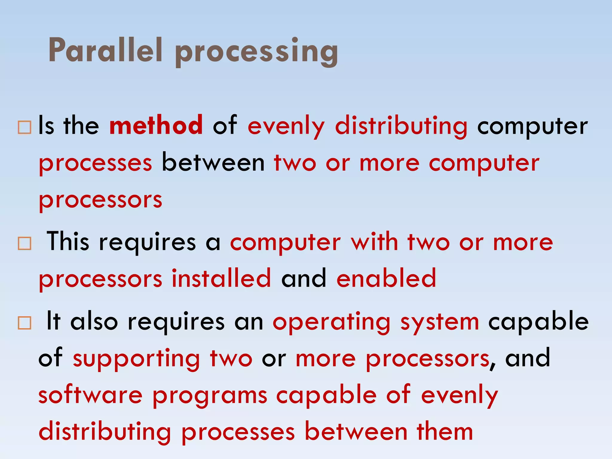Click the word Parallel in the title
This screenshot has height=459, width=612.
coord(105,50)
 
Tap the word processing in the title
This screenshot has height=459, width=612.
coord(256,51)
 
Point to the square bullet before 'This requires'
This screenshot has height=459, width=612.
coord(24,243)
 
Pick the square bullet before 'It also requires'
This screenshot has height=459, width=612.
coord(24,323)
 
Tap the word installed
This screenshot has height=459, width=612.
coord(221,278)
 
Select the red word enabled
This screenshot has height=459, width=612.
coord(386,278)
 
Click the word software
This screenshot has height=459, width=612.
coord(91,395)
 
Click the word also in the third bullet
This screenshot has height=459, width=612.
coord(94,321)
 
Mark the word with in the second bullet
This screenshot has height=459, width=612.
coord(374,242)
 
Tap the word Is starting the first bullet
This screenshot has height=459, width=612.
coord(46,126)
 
